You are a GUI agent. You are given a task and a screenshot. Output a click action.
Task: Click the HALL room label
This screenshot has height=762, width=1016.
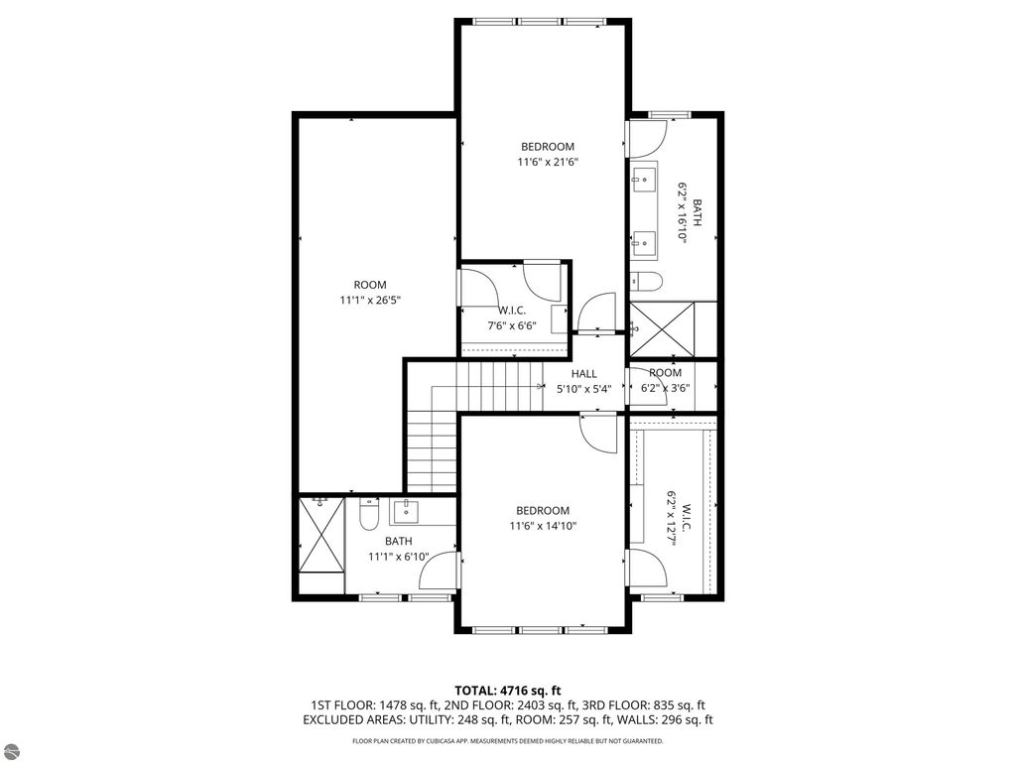pyautogui.click(x=583, y=374)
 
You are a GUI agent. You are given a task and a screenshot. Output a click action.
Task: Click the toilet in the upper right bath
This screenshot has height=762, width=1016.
pyautogui.click(x=643, y=281)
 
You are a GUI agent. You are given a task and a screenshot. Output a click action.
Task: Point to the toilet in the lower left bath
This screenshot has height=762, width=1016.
pyautogui.click(x=368, y=516)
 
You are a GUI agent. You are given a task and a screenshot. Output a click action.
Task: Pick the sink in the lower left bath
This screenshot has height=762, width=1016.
pyautogui.click(x=408, y=513)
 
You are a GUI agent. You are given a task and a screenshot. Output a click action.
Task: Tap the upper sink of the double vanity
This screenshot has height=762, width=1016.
pyautogui.click(x=644, y=181)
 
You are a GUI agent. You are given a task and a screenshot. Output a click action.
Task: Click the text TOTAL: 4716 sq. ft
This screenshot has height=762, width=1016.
pyautogui.click(x=508, y=691)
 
